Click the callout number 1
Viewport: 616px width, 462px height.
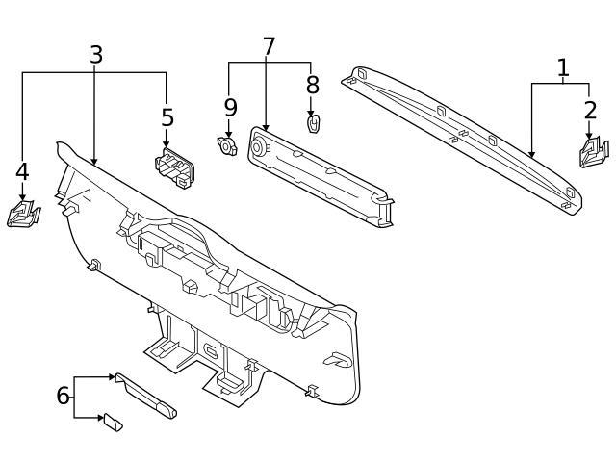[x=563, y=67]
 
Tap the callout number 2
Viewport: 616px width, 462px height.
[x=590, y=110]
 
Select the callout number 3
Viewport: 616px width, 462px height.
[x=95, y=55]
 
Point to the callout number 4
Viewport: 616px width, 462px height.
[x=22, y=171]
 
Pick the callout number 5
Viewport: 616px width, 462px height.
[x=167, y=117]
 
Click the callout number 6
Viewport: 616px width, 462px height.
[x=63, y=396]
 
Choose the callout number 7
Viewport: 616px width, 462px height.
[x=269, y=45]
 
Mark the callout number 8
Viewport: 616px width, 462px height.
[x=312, y=85]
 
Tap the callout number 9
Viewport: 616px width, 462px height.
[x=230, y=106]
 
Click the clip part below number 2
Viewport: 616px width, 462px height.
[x=593, y=152]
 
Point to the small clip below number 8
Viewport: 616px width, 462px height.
[x=313, y=124]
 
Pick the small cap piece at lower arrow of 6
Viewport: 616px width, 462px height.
[x=113, y=422]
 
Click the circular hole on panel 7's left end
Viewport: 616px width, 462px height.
[x=258, y=146]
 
